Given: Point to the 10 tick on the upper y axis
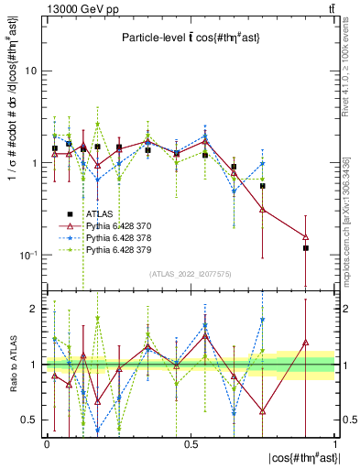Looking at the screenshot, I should [33, 71].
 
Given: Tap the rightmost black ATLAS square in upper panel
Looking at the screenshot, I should [306, 248].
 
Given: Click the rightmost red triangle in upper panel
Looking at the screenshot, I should [306, 236].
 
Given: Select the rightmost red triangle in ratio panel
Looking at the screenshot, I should [306, 354].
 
